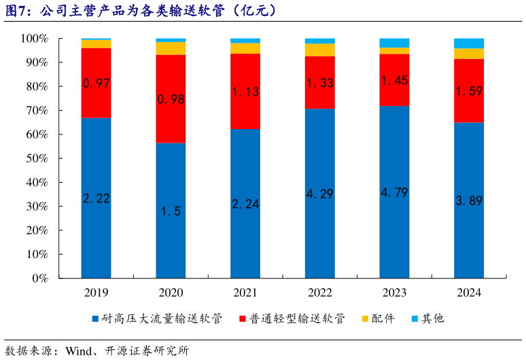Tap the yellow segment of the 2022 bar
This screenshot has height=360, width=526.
tap(319, 50)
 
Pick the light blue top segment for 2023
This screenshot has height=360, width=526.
tap(394, 43)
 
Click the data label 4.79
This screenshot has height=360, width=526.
tap(394, 192)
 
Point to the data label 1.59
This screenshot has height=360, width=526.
tap(469, 90)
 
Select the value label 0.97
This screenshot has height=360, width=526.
tap(96, 84)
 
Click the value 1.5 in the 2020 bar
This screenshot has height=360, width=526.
tap(171, 211)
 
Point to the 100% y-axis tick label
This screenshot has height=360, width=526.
tap(32, 39)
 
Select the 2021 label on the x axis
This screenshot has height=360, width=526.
tap(245, 293)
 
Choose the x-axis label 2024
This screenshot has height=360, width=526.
tap(469, 293)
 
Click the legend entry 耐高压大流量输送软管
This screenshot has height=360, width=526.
tap(160, 319)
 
